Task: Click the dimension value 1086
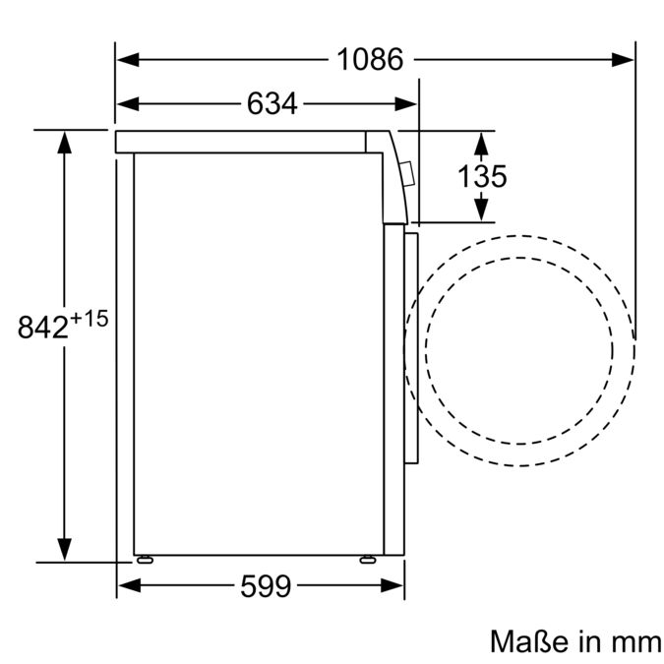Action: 370,60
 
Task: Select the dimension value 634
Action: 272,104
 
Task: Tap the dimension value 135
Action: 482,176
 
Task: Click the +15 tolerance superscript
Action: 89,319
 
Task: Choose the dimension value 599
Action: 266,587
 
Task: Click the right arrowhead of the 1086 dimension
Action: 623,60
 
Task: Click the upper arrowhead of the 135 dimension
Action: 481,143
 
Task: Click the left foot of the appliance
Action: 147,559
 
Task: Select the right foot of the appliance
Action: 368,559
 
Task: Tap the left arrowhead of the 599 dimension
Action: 129,587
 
